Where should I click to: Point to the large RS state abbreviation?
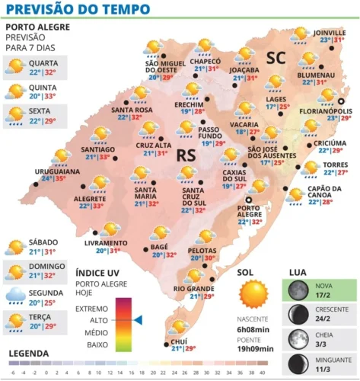(x=186, y=155)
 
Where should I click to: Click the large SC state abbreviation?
(x=275, y=58)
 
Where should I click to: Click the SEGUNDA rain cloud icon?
(x=14, y=296)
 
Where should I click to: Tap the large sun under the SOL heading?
(x=253, y=295)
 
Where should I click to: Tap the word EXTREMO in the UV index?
(x=92, y=308)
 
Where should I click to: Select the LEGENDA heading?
(x=29, y=354)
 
